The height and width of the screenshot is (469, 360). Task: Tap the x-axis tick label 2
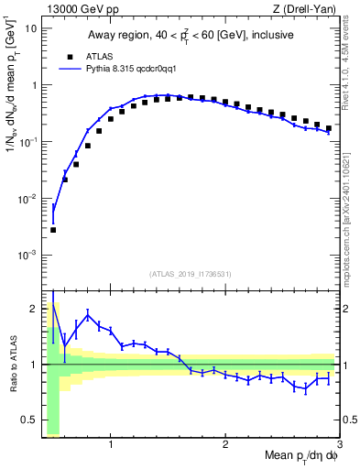(225, 444)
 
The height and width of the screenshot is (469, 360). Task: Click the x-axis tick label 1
(111, 444)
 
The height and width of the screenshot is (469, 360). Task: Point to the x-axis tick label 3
(339, 444)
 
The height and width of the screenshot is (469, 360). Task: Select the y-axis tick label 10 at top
(31, 28)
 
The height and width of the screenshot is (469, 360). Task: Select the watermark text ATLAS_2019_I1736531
(190, 274)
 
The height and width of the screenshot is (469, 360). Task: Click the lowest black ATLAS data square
(53, 230)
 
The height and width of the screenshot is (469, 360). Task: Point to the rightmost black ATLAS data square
(328, 128)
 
